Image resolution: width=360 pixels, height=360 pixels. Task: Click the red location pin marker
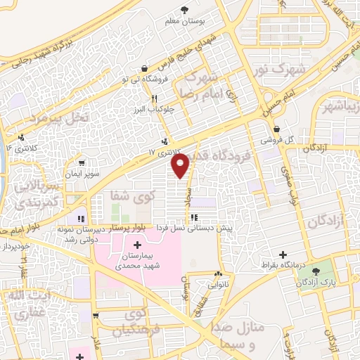[181, 165]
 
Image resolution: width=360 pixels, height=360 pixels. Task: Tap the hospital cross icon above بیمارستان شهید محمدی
[136, 243]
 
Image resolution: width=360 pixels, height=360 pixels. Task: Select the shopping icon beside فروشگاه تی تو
[144, 68]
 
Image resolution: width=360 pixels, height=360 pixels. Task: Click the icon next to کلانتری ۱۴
[23, 137]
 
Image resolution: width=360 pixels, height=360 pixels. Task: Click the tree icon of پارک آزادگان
[325, 269]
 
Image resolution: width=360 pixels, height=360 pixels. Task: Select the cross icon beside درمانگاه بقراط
[283, 255]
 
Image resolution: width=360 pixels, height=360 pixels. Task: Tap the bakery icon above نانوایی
[219, 274]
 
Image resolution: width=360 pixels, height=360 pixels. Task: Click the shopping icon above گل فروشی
[277, 129]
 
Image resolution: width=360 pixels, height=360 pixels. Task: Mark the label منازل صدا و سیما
[238, 328]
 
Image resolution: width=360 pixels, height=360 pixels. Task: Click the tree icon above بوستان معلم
[184, 10]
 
